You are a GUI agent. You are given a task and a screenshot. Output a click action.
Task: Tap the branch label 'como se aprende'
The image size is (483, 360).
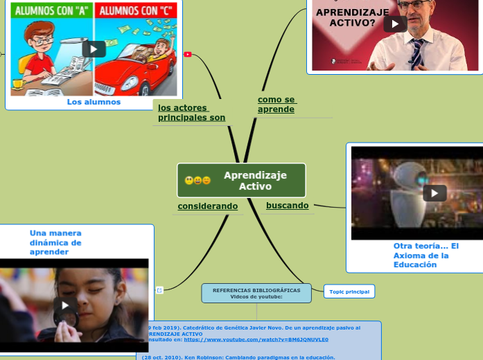(276, 105)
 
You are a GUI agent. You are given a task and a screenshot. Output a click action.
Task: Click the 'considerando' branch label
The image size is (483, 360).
(207, 206)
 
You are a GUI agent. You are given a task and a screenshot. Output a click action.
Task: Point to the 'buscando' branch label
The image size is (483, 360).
(287, 206)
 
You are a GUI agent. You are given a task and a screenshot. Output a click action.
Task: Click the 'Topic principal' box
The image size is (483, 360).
(349, 291)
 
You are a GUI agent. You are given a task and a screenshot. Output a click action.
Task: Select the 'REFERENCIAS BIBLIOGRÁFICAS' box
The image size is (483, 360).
(256, 293)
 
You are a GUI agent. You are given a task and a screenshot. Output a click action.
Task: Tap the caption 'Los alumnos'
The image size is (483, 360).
(94, 102)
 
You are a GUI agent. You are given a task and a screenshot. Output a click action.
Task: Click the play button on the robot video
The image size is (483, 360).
(434, 193)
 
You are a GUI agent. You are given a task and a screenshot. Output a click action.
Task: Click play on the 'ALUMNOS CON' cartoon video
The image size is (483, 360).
(94, 49)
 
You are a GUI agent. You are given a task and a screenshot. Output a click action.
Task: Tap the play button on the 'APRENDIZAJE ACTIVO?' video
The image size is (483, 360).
(395, 24)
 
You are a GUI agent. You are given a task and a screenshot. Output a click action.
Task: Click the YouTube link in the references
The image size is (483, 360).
(256, 340)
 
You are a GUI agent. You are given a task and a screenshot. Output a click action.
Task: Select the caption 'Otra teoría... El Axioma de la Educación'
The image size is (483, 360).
(425, 255)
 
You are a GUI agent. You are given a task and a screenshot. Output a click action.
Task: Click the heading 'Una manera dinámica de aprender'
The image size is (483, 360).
(55, 242)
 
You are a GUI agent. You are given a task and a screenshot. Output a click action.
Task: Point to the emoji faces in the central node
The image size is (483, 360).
(197, 181)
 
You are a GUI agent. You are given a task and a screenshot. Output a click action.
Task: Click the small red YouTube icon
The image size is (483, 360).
(188, 54)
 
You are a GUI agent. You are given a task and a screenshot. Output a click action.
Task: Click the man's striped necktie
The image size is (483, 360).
(417, 53)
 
